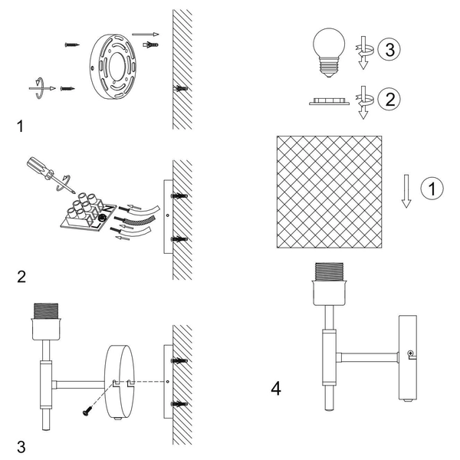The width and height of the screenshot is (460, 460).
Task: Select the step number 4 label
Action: point(276,389)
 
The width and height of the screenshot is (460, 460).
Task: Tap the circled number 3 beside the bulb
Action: point(389,51)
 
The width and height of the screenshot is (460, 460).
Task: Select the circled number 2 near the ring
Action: point(389,98)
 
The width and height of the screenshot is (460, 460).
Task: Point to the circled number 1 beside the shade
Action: point(434,187)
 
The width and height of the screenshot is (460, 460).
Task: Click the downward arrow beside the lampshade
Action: point(407,190)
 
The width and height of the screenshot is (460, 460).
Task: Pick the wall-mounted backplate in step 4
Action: point(407,356)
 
